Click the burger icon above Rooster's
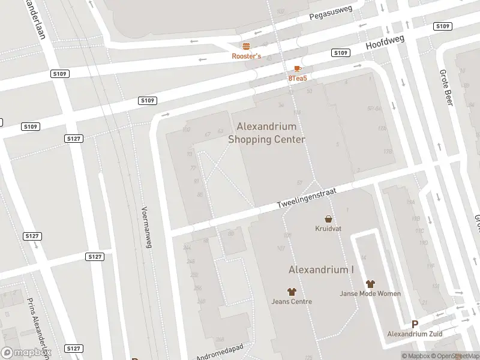pos(246,46)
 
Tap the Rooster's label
pos(247,56)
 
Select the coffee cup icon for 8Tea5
pos(298,69)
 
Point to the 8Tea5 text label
pos(298,79)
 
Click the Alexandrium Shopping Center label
pos(267,133)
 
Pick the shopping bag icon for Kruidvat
pos(328,219)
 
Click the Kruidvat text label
pos(328,229)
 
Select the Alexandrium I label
pos(321,269)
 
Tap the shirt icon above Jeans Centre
pos(292,292)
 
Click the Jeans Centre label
pos(292,301)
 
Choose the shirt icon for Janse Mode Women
pos(370,284)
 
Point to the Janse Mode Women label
pos(370,293)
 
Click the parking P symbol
pos(415,324)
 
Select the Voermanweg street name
pos(146,227)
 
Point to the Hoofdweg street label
pos(386,43)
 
